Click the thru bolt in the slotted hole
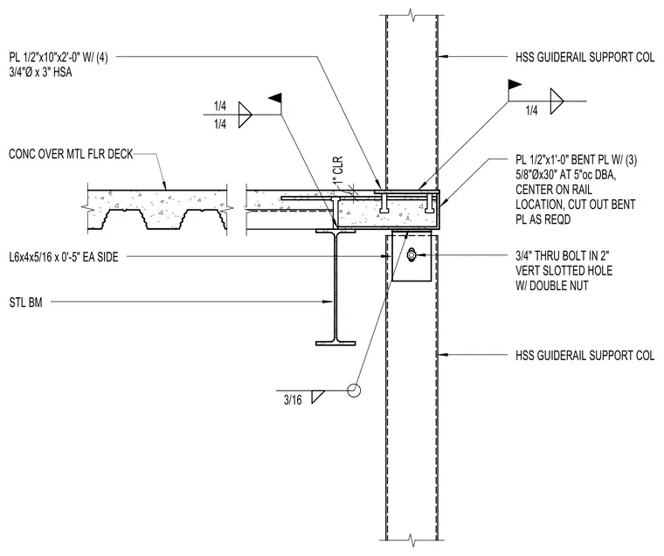click(411, 254)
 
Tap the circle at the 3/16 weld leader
click(354, 390)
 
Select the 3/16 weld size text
click(293, 400)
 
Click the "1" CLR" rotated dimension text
click(338, 170)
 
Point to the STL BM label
click(26, 302)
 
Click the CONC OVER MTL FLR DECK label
click(71, 154)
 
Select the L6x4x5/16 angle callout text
click(64, 257)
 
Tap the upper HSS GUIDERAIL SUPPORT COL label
click(584, 57)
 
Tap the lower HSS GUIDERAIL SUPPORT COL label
click(584, 355)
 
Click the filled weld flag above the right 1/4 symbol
click(514, 83)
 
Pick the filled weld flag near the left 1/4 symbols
click(275, 98)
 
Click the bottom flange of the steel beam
click(335, 343)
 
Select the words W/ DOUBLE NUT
click(552, 286)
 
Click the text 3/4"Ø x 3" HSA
click(41, 73)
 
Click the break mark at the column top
click(412, 16)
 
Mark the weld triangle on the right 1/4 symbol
click(557, 101)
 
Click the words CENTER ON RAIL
click(553, 190)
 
